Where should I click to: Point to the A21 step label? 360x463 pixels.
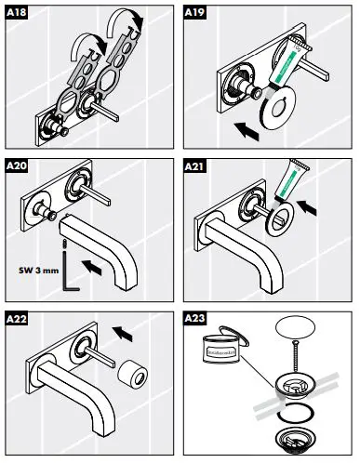pyautogui.click(x=197, y=166)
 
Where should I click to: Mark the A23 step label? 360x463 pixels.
pyautogui.click(x=197, y=319)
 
